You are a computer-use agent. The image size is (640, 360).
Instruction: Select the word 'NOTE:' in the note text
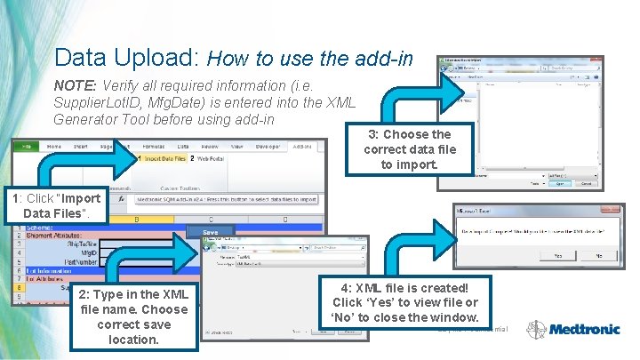(76, 86)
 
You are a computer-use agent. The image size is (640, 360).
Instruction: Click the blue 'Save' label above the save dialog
(210, 232)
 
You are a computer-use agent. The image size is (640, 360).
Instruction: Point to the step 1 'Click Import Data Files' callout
(54, 206)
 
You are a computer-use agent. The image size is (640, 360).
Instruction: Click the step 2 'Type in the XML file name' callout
(133, 316)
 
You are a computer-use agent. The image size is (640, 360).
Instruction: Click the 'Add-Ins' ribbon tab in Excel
(302, 146)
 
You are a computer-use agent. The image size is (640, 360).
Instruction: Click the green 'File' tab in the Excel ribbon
(27, 146)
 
